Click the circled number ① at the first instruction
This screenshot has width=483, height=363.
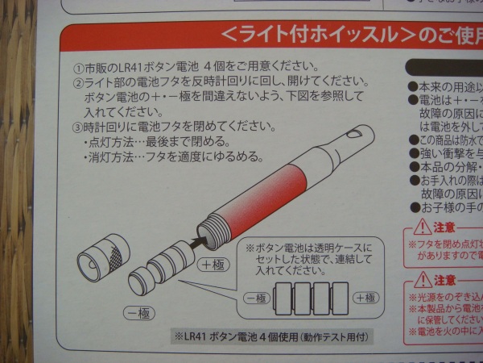click(x=77, y=65)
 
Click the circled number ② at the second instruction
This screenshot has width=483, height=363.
click(x=77, y=82)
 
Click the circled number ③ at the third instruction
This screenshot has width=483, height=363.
click(x=77, y=126)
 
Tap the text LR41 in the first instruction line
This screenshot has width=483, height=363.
click(x=133, y=65)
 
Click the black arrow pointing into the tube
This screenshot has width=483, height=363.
click(x=196, y=240)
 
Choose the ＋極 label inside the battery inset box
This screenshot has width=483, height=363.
click(x=365, y=298)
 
